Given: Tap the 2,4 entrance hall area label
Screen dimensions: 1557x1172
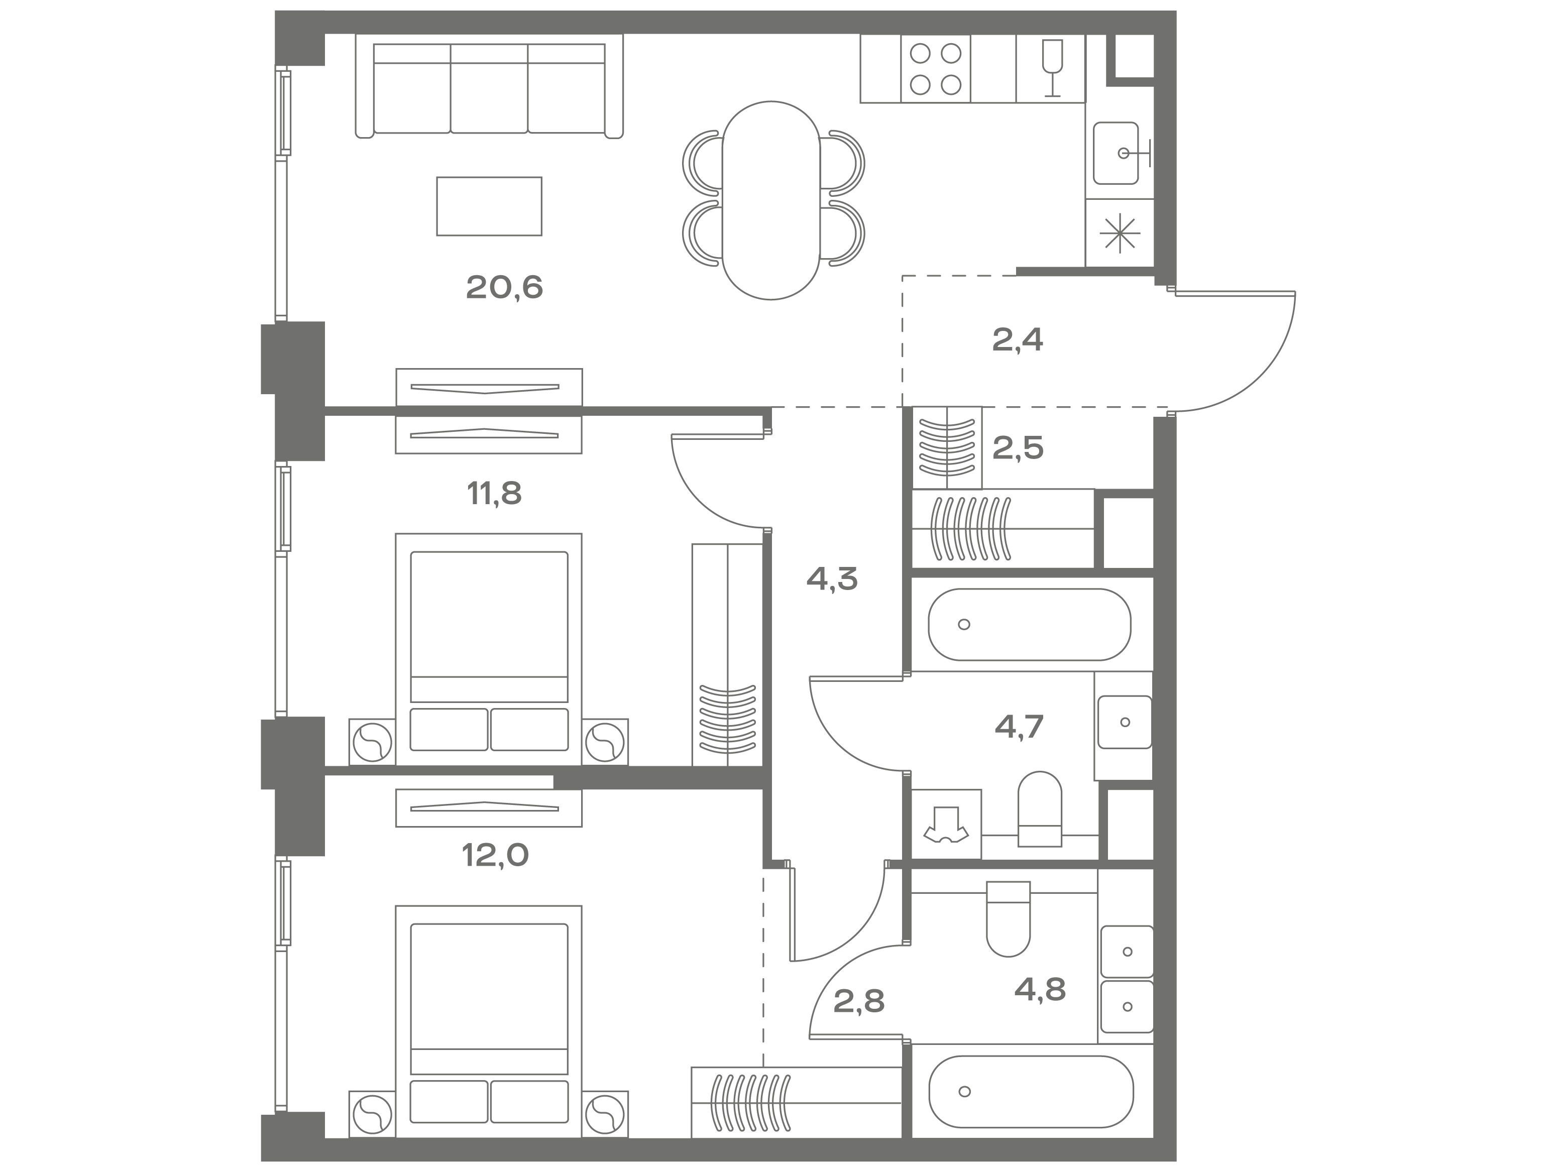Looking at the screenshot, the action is [1017, 340].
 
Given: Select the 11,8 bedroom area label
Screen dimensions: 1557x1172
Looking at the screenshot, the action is [494, 494].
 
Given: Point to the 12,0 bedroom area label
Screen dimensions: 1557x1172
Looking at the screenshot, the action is [495, 855].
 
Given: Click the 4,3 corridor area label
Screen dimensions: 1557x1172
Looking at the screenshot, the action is [832, 579].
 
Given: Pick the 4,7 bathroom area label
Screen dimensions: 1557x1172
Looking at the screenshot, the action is [1019, 726].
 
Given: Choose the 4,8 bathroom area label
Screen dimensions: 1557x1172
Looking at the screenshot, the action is [1040, 989].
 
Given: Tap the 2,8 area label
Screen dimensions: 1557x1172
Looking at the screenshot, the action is [859, 1000].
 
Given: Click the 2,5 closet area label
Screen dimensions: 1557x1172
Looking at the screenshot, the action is [1018, 448].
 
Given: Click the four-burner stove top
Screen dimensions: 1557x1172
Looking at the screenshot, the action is [936, 69].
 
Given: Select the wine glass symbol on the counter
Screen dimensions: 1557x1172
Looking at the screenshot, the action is [1052, 68].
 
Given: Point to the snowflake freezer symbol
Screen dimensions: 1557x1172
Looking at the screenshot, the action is [1119, 233].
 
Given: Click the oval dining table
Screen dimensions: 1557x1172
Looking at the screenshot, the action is [771, 200].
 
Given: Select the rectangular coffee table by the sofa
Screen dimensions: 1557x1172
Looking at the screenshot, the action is [489, 206].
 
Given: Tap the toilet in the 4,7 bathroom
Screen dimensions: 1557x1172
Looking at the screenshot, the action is [1040, 809].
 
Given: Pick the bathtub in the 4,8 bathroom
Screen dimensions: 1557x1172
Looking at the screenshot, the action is [1031, 1092].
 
